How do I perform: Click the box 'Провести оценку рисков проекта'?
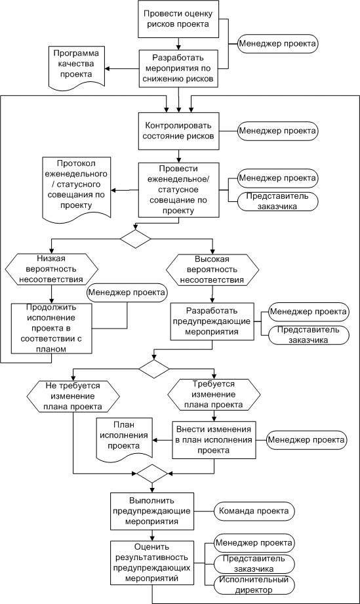point(178,19)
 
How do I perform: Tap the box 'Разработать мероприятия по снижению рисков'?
point(178,68)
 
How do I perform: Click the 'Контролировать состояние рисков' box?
point(178,131)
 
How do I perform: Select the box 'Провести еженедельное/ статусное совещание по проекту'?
point(178,190)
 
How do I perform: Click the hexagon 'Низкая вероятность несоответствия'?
point(52,269)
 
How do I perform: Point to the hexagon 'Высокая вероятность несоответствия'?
point(212,270)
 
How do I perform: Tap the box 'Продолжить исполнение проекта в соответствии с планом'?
point(52,329)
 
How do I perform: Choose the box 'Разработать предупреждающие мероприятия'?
point(212,321)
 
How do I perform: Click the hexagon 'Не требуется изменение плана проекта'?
point(73,396)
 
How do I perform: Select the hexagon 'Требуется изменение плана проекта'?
point(213,394)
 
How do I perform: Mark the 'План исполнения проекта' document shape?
point(123,440)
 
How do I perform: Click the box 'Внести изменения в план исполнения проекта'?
point(213,440)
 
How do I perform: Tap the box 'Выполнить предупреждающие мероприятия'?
point(152,511)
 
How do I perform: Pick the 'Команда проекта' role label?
point(254,511)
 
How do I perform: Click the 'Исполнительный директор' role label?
point(254,585)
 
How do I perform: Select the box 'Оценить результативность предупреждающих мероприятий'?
point(152,563)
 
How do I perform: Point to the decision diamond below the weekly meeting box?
point(135,239)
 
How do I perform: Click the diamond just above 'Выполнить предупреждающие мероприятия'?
point(152,473)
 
